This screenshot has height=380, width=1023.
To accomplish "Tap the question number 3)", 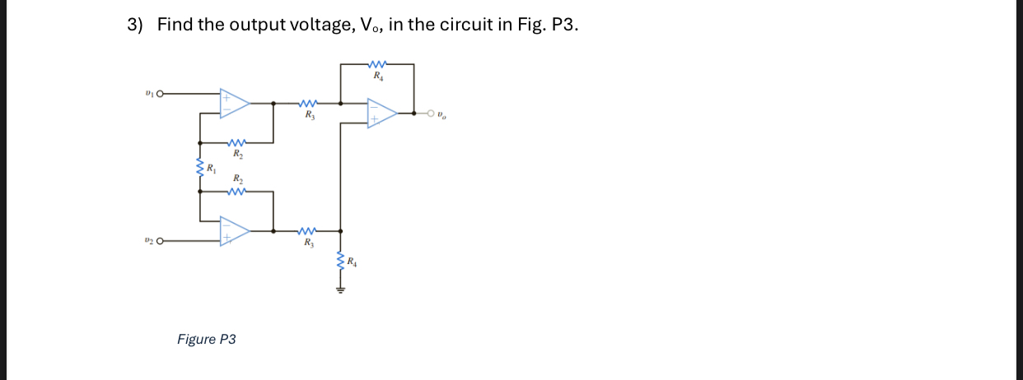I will pyautogui.click(x=135, y=25).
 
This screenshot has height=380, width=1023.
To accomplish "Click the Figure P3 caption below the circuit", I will pyautogui.click(x=207, y=339).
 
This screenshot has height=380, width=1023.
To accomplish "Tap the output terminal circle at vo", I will pyautogui.click(x=431, y=114).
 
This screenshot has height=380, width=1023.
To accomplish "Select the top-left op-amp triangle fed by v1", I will pyautogui.click(x=234, y=103).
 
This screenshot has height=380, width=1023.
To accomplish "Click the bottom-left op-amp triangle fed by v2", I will pyautogui.click(x=234, y=231).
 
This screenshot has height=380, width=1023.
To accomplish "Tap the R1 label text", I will pyautogui.click(x=212, y=169).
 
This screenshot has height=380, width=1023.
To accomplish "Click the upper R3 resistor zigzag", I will pyautogui.click(x=308, y=104).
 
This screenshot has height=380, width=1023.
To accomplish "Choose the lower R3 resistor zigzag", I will pyautogui.click(x=308, y=231).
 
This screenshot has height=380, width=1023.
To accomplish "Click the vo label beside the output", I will pyautogui.click(x=443, y=114).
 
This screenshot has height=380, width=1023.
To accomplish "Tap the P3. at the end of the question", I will pyautogui.click(x=564, y=25).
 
